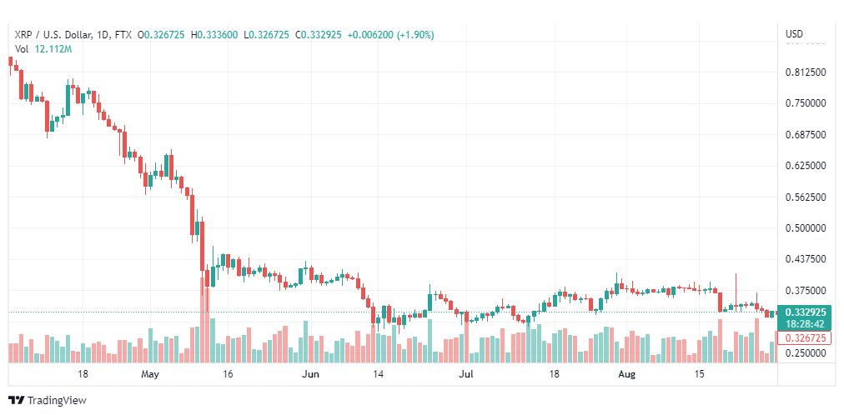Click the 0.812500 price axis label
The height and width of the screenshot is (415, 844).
click(x=806, y=72)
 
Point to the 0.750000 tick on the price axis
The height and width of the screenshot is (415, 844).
click(x=806, y=103)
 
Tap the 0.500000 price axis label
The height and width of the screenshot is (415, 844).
click(x=806, y=228)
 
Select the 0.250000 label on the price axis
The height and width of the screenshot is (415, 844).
click(x=806, y=352)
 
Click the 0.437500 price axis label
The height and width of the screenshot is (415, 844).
click(x=806, y=259)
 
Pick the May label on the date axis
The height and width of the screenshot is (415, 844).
click(x=150, y=374)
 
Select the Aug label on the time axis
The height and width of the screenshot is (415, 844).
click(x=626, y=374)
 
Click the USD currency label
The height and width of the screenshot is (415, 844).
click(x=795, y=34)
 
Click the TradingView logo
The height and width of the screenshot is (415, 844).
click(x=48, y=401)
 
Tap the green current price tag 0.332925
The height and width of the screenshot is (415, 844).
click(x=806, y=312)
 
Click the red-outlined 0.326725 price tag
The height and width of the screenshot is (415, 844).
click(x=806, y=338)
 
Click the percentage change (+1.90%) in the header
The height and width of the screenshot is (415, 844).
click(x=415, y=35)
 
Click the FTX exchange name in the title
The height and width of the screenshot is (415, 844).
click(x=123, y=35)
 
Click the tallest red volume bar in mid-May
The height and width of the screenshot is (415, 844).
click(x=204, y=319)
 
